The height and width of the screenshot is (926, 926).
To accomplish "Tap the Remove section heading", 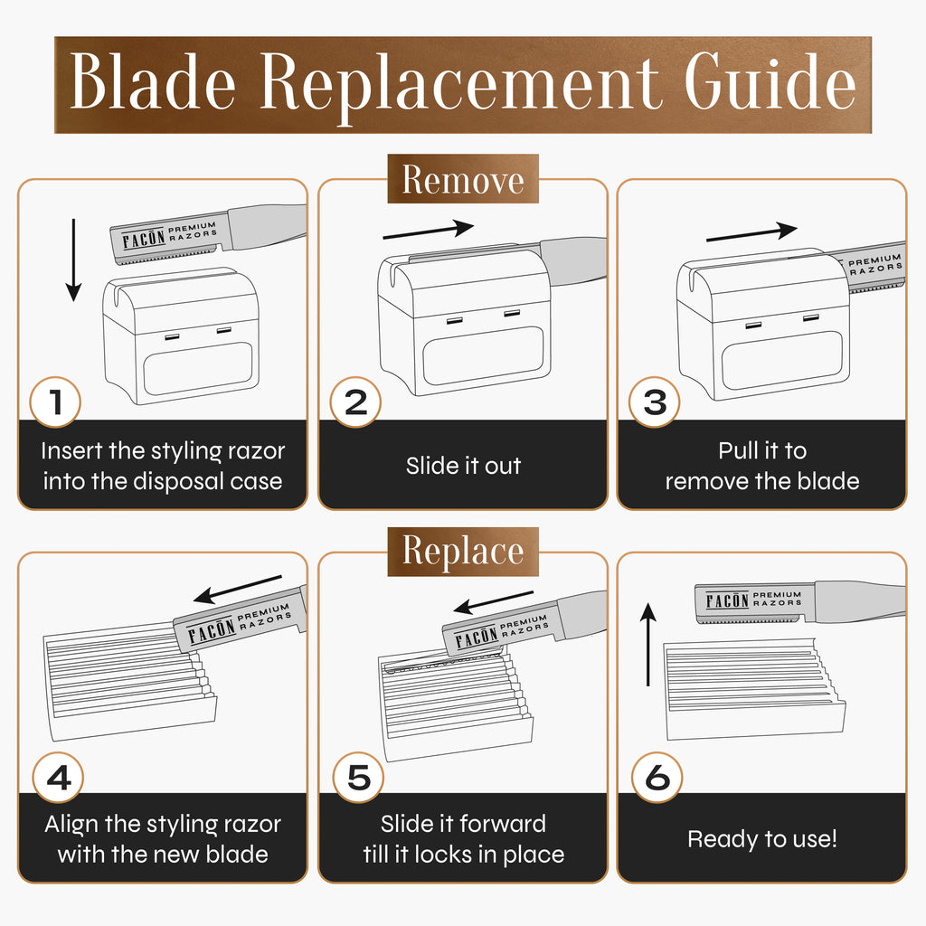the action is (x=463, y=179).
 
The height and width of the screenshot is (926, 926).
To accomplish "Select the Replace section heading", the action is (x=463, y=552).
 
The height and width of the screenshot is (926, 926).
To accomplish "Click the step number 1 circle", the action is (x=55, y=402).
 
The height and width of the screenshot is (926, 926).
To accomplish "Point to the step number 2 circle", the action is (x=355, y=402).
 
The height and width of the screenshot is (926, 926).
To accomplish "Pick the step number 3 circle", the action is (x=655, y=402).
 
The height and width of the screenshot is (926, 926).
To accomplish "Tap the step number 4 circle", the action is (x=58, y=777).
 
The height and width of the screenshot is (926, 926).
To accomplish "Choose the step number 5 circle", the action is (x=358, y=777).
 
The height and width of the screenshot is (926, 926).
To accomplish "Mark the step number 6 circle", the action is (x=657, y=777).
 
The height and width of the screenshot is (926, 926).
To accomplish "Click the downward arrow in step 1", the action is (x=73, y=260).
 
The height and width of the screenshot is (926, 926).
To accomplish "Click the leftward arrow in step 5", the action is (x=493, y=602).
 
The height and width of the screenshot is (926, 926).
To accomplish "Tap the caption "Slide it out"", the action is (x=464, y=466).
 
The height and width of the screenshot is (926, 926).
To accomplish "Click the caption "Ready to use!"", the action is (x=761, y=839).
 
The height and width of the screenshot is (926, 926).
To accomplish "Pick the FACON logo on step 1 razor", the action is (x=144, y=239).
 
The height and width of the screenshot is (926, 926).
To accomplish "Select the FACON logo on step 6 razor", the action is (x=728, y=600).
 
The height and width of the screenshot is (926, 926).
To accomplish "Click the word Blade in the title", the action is (x=152, y=81).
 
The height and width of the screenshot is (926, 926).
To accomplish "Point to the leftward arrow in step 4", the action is (x=238, y=590).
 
